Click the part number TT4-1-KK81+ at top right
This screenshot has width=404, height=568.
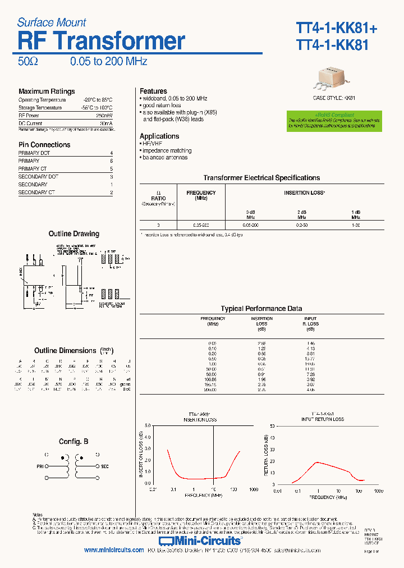(x=333, y=28)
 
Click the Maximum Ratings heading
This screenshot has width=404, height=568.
(x=47, y=91)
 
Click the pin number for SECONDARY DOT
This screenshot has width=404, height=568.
(x=111, y=177)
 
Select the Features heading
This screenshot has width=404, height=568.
(x=153, y=91)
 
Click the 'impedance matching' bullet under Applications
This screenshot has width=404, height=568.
(x=167, y=151)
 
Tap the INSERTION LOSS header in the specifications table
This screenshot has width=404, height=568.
(x=305, y=193)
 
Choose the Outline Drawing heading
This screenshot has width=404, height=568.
(x=74, y=234)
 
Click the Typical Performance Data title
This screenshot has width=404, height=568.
(x=261, y=309)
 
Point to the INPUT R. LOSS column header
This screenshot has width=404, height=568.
(x=310, y=321)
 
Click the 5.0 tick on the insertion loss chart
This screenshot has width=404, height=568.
(x=148, y=425)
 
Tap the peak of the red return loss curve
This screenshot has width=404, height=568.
(x=318, y=462)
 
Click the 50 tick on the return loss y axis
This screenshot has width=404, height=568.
(x=272, y=425)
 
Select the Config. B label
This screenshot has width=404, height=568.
(x=74, y=442)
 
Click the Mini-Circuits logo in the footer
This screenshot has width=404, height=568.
(x=208, y=540)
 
